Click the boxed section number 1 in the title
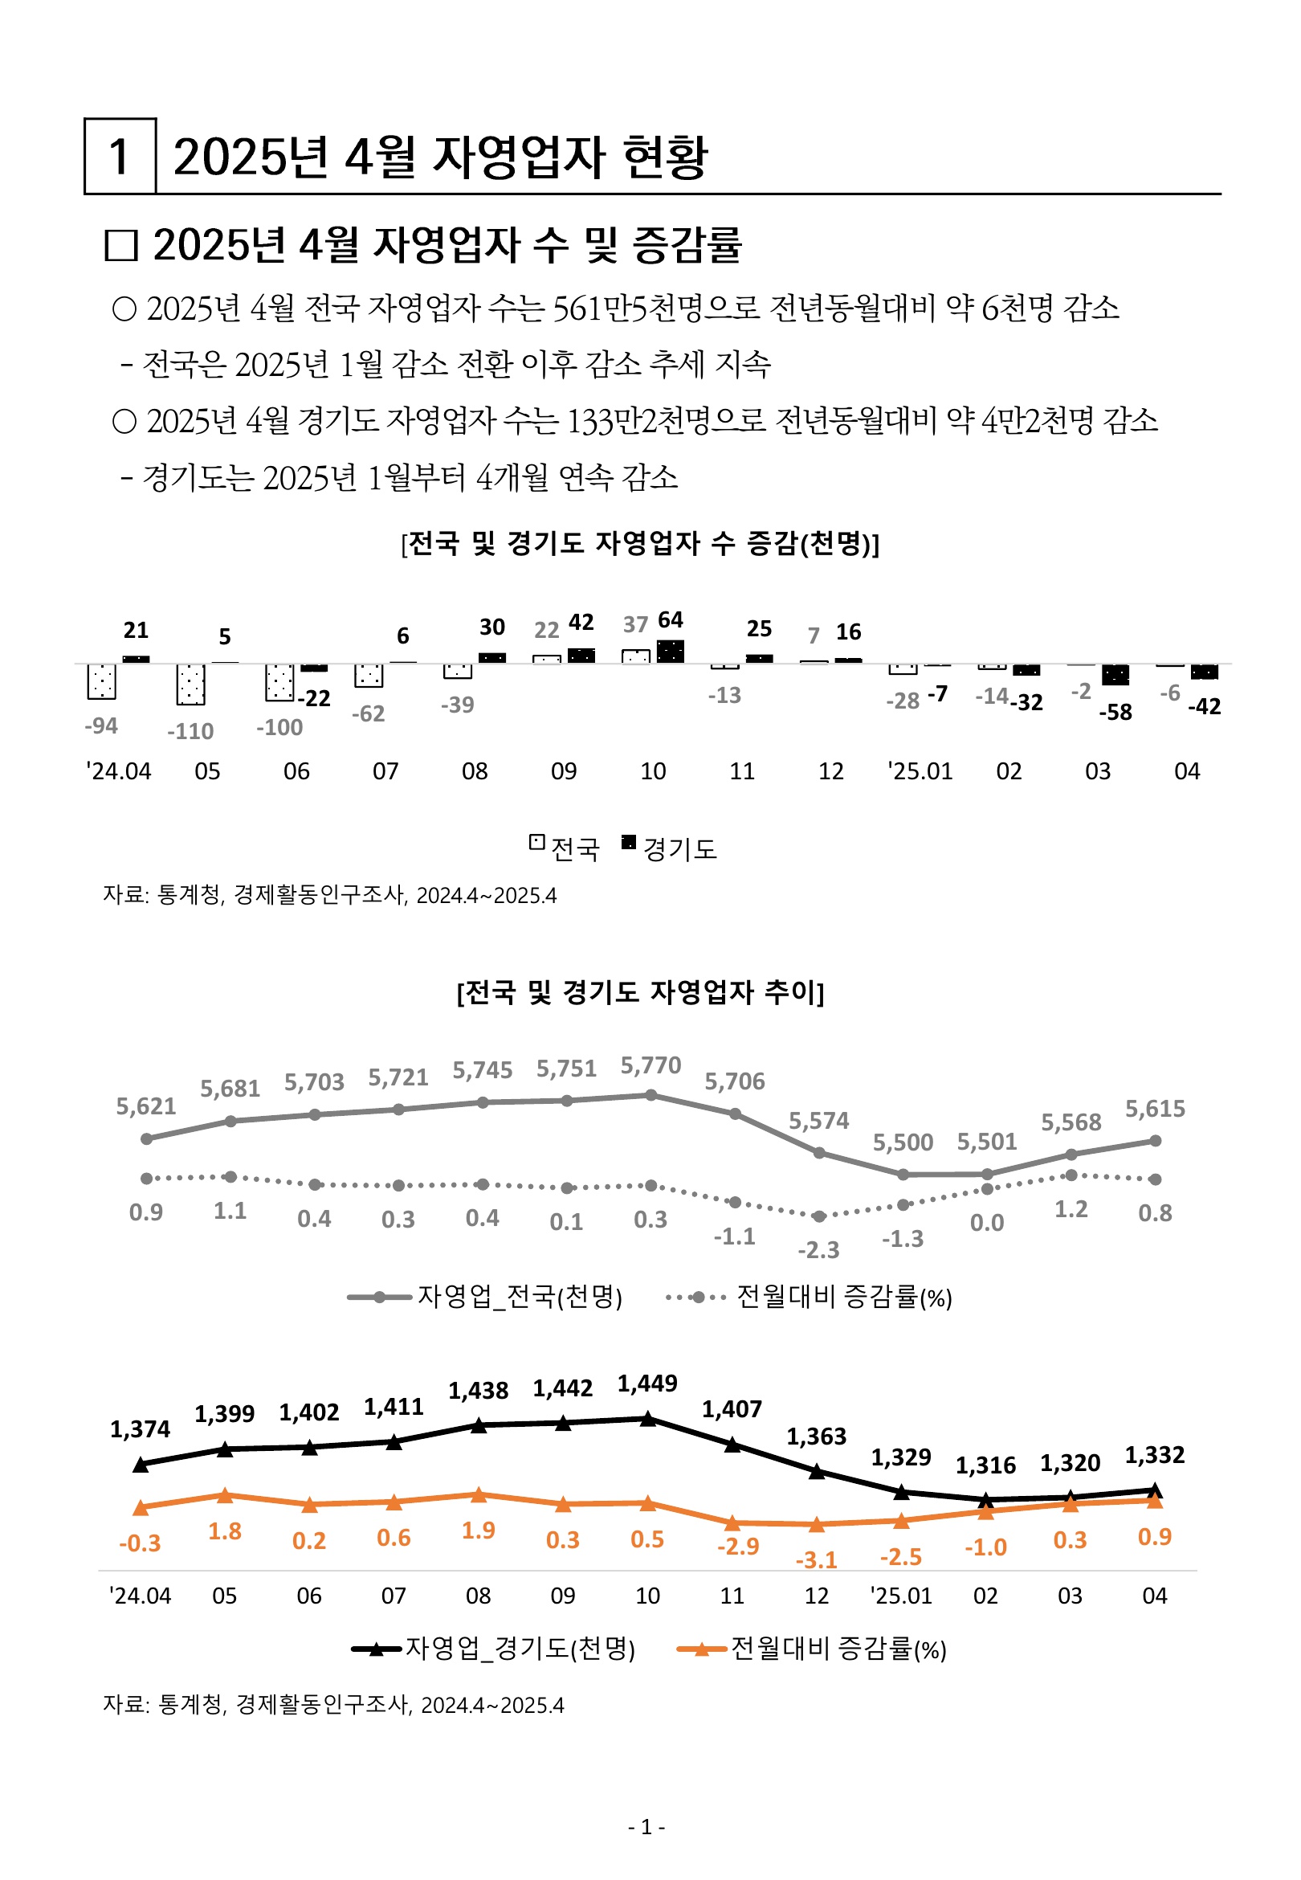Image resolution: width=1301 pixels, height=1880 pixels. [x=119, y=157]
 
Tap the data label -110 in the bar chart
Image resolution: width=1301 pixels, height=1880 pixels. [x=190, y=731]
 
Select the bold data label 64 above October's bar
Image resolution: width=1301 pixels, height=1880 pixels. [x=670, y=619]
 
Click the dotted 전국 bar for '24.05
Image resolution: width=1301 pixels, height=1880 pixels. [x=191, y=684]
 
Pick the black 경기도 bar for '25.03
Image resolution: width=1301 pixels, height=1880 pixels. [x=1115, y=675]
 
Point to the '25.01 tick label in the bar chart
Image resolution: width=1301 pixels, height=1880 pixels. [x=920, y=771]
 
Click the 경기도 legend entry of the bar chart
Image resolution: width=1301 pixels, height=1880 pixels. [x=670, y=848]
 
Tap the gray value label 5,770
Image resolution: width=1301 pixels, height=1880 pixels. [x=650, y=1065]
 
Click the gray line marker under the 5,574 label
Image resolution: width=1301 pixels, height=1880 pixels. [x=819, y=1153]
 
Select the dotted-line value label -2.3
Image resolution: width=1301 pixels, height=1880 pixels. [x=818, y=1250]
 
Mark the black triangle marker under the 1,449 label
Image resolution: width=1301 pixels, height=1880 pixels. [x=648, y=1420]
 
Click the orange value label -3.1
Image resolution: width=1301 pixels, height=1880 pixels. [x=816, y=1560]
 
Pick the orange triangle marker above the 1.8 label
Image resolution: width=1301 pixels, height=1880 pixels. [x=225, y=1495]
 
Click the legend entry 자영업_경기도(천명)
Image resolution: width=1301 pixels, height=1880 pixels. [x=493, y=1649]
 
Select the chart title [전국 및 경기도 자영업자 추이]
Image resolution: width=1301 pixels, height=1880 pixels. [x=641, y=992]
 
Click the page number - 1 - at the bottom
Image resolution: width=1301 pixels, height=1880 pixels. [x=646, y=1828]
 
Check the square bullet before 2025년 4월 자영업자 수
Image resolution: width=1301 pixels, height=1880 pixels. [x=121, y=245]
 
